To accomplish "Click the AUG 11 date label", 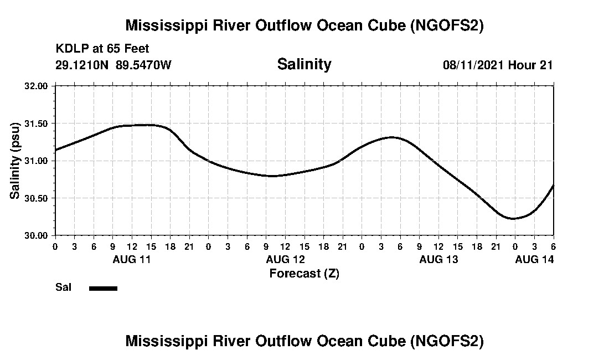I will coord(132,259).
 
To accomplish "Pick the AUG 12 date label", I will coord(285,259).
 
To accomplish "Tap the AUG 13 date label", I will coord(438,259).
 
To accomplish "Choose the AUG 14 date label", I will coord(534,259).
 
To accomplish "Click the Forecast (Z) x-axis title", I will coord(304,273).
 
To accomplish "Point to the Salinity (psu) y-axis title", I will coord(16,161).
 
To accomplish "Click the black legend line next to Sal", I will coord(103,288).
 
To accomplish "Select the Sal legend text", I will coord(63,287).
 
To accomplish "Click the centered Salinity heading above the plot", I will coord(304,64).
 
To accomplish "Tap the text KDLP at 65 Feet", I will coord(102,49).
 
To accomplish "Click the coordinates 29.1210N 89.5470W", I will coord(113,65).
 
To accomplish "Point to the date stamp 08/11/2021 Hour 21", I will coord(498,65).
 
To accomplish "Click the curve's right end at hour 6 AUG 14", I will coord(553,186).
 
